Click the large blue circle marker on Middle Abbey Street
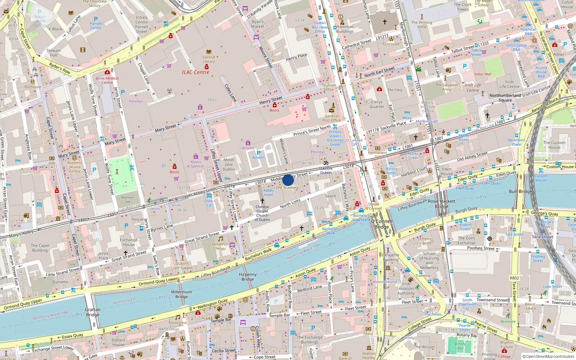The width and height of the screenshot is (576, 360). coord(288,180)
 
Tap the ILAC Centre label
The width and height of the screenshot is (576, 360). coord(195,72)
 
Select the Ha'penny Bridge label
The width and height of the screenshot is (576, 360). coord(248,277)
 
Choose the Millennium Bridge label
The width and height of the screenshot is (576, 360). coord(181,294)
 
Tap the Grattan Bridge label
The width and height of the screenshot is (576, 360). coord(93,312)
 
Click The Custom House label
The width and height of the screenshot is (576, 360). coord(554,145)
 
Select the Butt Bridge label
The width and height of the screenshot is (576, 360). coord(520,192)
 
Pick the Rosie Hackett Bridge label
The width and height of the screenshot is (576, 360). coord(442,204)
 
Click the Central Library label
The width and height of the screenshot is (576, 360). coord(209,59)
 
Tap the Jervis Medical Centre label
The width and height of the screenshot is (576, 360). coord(107,80)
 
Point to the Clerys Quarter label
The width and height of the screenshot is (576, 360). coord(377,104)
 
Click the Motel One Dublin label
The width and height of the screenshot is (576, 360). coord(229,165)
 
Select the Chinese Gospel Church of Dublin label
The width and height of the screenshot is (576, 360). coord(262,213)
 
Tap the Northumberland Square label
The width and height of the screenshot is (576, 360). coord(505,98)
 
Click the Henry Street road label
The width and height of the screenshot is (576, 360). coord(271,100)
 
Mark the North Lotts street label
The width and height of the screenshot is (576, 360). coord(290,203)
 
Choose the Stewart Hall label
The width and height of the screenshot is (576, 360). coord(54,53)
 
